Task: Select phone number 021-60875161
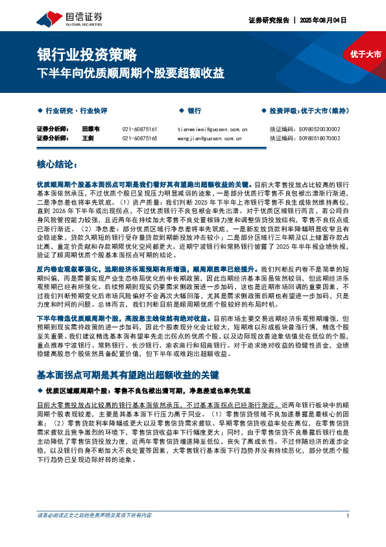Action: (x=139, y=129)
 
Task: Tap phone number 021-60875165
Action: (x=139, y=138)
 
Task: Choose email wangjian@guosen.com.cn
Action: (x=209, y=138)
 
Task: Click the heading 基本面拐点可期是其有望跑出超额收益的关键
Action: (x=128, y=375)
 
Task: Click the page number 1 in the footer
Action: (x=348, y=516)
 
